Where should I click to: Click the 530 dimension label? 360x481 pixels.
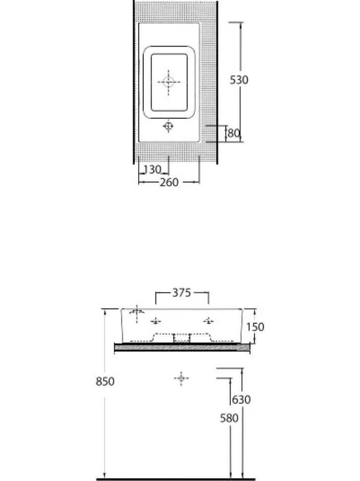[239, 80]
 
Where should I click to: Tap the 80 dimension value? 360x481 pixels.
[234, 133]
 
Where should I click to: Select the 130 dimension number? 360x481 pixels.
[152, 169]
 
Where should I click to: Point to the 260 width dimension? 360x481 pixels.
[169, 182]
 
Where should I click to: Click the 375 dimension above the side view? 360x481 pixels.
[181, 293]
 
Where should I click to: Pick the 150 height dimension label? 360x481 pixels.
[255, 327]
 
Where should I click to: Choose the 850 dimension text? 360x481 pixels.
[105, 381]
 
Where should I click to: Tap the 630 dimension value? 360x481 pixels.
[241, 399]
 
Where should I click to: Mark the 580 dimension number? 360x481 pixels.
[229, 418]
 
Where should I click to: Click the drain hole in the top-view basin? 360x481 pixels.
[169, 82]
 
